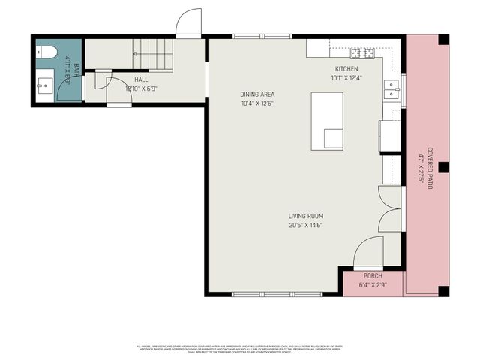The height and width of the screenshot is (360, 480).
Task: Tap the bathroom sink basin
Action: pos(44,85)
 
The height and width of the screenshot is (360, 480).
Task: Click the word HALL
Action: pos(141,79)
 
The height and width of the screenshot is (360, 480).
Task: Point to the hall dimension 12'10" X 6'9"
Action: pos(141,88)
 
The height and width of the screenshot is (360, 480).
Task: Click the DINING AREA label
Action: pos(257,94)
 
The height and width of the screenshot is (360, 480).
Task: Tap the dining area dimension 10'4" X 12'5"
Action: pos(257,103)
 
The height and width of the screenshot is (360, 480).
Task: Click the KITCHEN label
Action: pos(346,68)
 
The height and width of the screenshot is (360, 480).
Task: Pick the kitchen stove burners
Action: pos(362,52)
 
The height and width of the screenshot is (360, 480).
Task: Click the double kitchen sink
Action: pos(391,89)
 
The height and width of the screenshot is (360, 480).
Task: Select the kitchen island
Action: pos(327,121)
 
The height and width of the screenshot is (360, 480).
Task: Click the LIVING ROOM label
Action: pos(305,216)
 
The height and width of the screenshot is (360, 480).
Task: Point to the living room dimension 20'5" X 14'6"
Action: pos(305,226)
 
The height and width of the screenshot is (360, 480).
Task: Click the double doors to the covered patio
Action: pos(391,208)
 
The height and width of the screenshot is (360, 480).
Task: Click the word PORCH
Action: pos(373,276)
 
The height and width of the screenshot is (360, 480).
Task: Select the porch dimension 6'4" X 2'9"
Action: pos(373,285)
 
